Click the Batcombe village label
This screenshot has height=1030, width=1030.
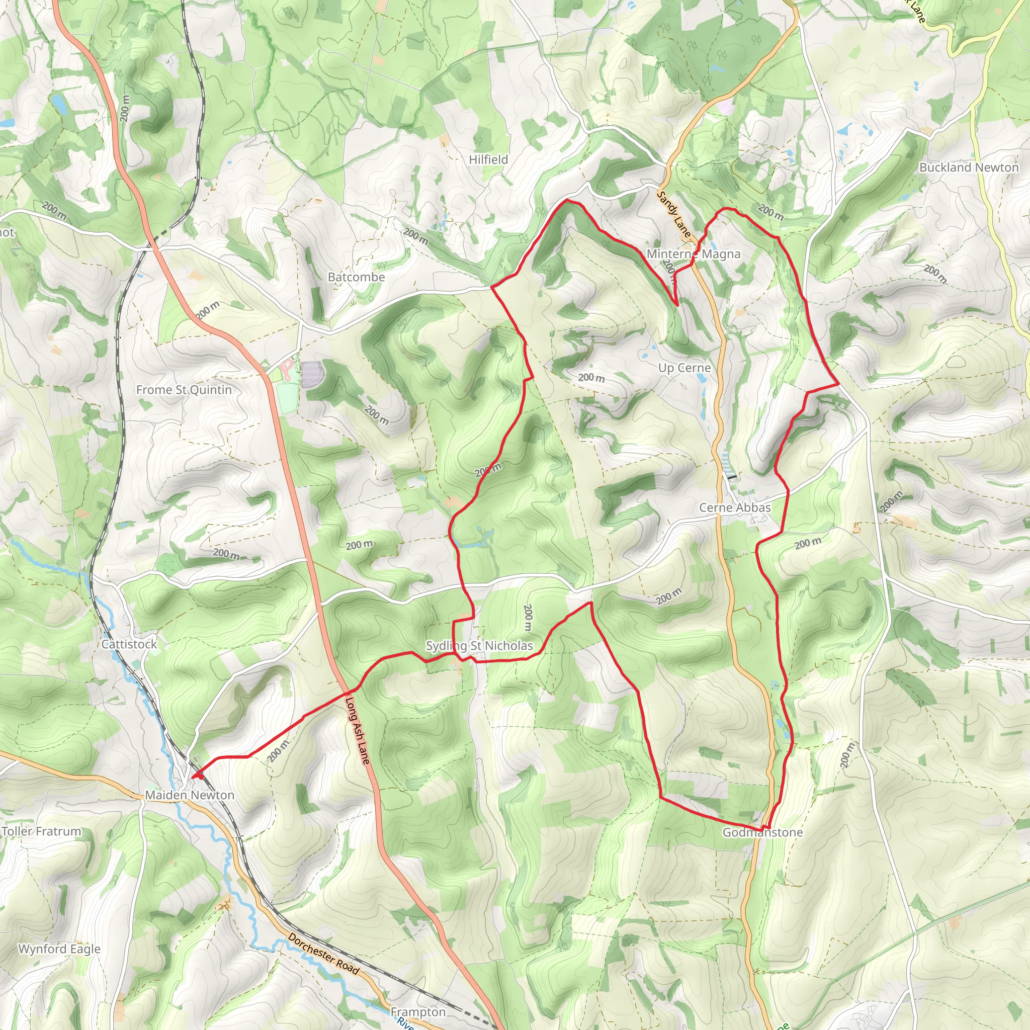(x=356, y=277)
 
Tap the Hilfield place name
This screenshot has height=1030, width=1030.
(x=488, y=159)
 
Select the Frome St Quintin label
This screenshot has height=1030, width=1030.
(x=184, y=390)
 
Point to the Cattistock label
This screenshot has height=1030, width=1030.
(x=130, y=644)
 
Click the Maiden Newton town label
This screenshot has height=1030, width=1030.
(x=190, y=795)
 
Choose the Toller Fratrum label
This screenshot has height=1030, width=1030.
(x=41, y=831)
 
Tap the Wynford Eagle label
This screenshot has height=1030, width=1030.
(x=59, y=949)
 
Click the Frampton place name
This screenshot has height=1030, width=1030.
(x=418, y=1012)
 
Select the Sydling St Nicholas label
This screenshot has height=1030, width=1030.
(x=479, y=646)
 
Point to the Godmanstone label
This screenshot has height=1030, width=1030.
(x=762, y=832)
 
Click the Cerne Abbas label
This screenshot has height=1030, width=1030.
(x=735, y=507)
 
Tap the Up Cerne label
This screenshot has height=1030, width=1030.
(x=684, y=368)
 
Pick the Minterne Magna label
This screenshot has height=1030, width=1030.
(x=694, y=254)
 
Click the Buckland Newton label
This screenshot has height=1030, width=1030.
(x=969, y=167)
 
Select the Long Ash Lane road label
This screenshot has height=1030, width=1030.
(x=358, y=730)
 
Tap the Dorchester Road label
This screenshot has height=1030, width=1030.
(x=323, y=953)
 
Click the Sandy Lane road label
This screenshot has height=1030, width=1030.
(x=674, y=214)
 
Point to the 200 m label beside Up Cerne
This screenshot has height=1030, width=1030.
(x=591, y=378)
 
